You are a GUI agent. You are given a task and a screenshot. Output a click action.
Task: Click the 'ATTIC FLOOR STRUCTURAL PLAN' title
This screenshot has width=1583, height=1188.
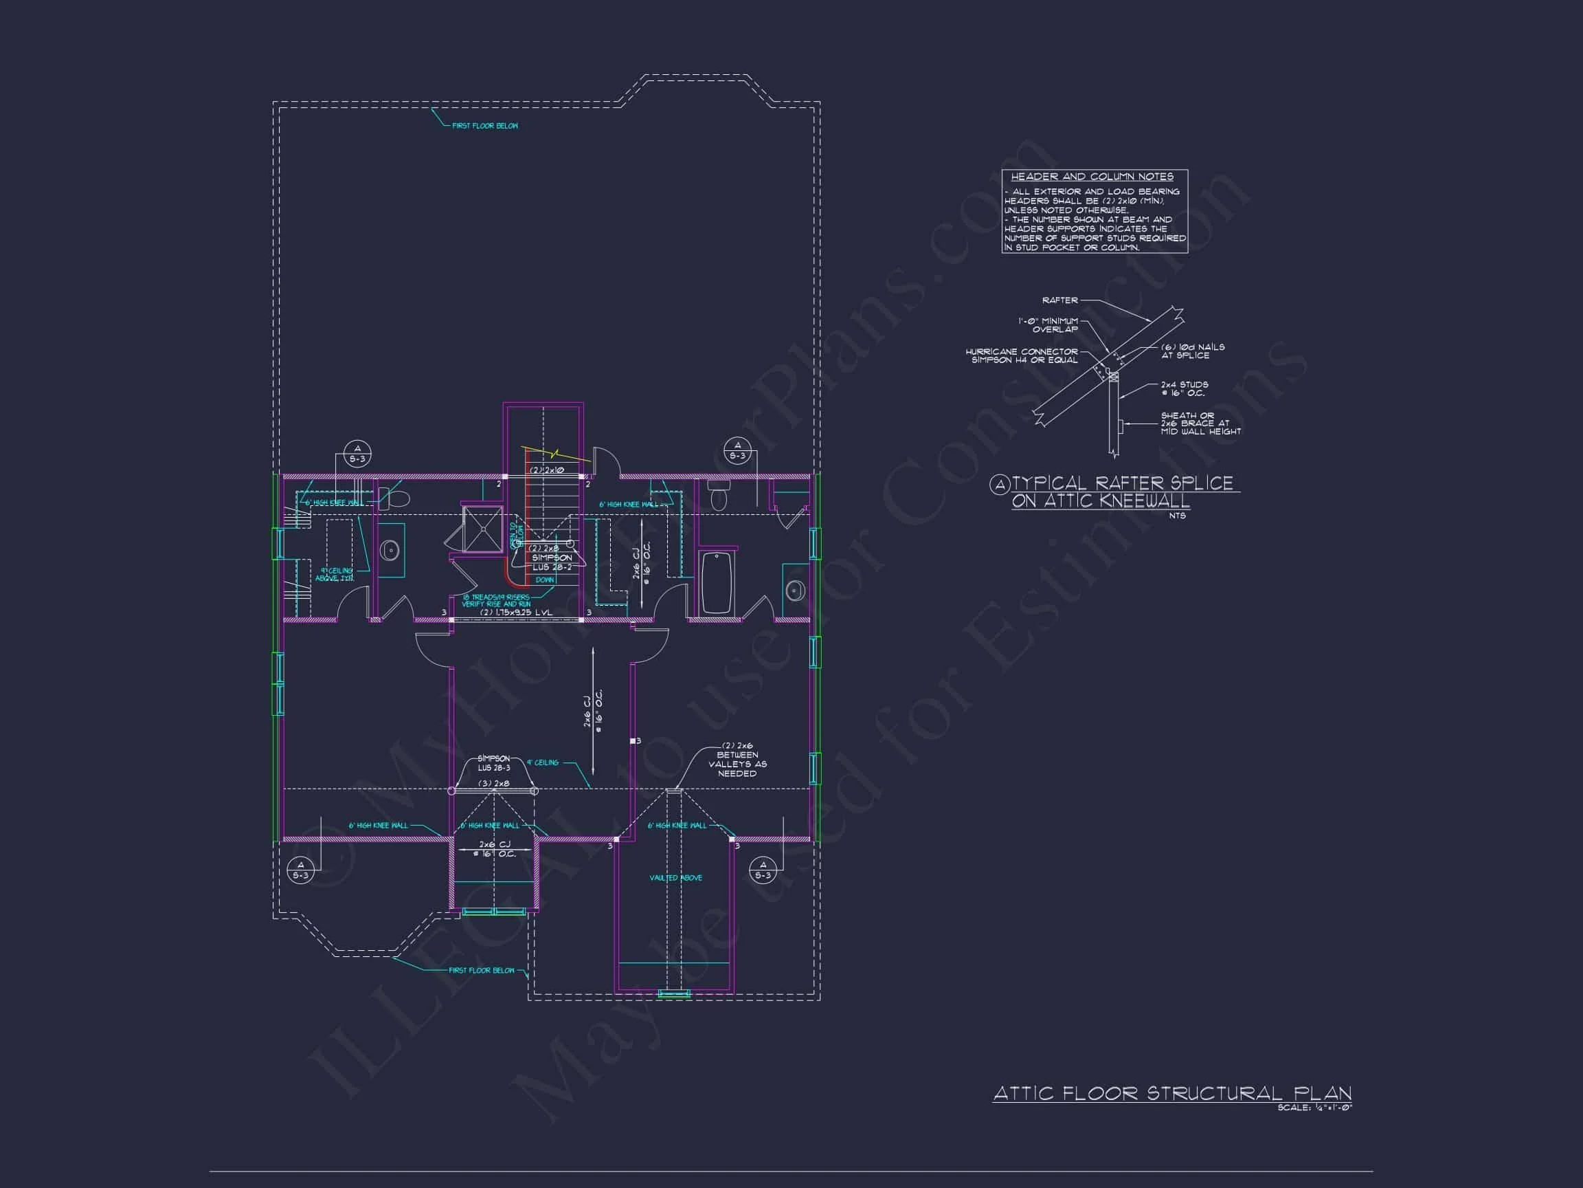click(1171, 1094)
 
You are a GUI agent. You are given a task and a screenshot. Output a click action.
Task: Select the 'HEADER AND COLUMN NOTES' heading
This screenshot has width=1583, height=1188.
click(1092, 176)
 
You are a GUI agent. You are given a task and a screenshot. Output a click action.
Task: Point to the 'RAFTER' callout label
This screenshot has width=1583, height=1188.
click(1059, 300)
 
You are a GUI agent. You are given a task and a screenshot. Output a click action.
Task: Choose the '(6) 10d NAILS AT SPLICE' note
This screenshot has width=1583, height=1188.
click(1192, 351)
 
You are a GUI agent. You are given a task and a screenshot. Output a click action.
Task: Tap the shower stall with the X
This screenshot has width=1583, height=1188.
click(483, 529)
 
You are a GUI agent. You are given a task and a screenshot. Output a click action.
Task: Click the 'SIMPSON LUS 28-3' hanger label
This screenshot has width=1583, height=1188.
click(494, 762)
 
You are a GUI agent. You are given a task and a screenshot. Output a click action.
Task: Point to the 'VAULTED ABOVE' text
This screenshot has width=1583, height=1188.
click(675, 877)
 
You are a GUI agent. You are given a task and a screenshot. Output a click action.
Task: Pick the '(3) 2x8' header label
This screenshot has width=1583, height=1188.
click(494, 784)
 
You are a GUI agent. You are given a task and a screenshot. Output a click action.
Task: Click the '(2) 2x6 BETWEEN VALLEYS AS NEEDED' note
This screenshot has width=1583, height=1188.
click(737, 759)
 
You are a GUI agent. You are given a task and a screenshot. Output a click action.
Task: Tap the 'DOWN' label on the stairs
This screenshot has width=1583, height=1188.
click(545, 580)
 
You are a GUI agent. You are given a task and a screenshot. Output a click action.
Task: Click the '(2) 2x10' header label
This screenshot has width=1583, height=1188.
click(547, 470)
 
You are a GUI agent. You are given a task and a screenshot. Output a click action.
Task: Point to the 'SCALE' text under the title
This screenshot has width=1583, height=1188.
click(1314, 1108)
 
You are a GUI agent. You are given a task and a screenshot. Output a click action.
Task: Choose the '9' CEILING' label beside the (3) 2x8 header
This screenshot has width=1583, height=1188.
click(543, 762)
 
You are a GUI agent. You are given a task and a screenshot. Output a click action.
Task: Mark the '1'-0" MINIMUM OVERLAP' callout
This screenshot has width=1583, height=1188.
click(1048, 325)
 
